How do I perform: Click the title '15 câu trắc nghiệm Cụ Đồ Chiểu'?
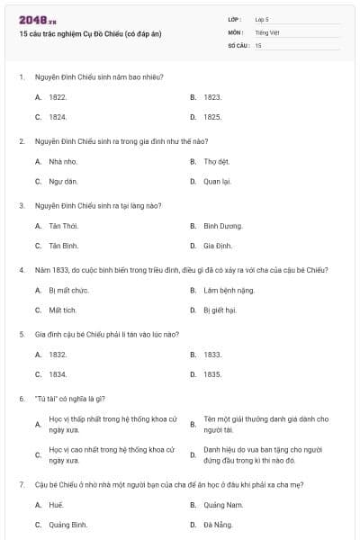(x=90, y=33)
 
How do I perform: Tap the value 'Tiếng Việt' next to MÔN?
(x=267, y=31)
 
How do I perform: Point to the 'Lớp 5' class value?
(x=262, y=19)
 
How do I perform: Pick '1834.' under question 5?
(x=58, y=374)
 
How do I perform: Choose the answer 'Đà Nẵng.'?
(x=217, y=525)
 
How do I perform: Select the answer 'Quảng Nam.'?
(x=220, y=505)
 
